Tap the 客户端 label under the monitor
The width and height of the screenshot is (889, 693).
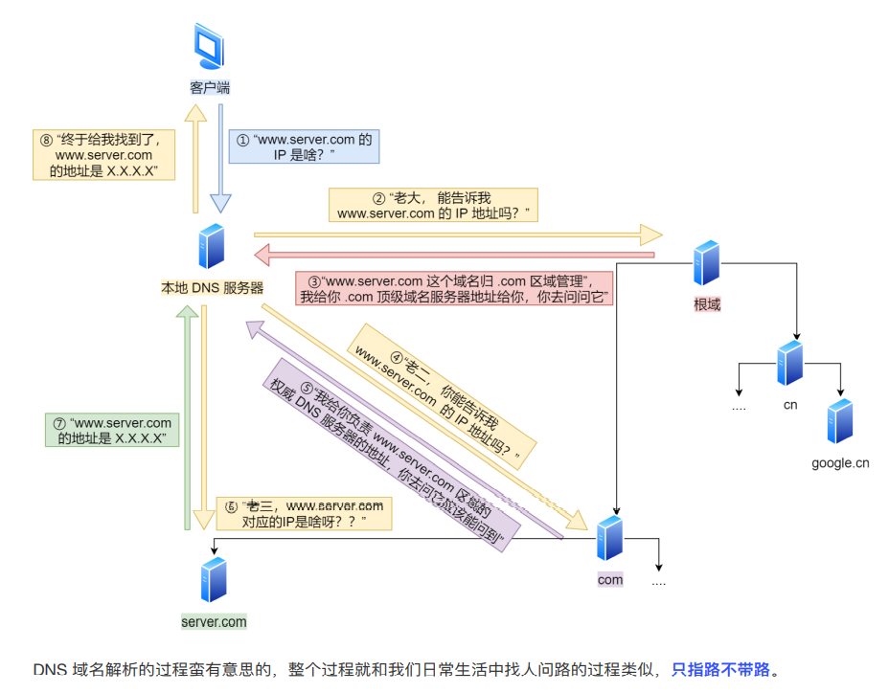click(210, 88)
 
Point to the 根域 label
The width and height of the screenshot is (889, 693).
click(707, 305)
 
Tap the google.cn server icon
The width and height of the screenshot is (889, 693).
click(840, 421)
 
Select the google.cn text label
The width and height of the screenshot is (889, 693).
click(840, 463)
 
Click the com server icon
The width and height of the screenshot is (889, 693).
click(609, 538)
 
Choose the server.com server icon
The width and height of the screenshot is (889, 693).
click(214, 580)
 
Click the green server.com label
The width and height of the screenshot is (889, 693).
click(214, 621)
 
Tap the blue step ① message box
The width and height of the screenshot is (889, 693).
click(305, 145)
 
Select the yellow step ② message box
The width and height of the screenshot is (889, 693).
click(433, 205)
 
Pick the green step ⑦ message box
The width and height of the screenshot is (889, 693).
click(112, 430)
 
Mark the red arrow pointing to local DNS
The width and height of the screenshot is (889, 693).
click(450, 255)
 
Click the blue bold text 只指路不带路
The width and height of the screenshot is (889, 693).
click(720, 669)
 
